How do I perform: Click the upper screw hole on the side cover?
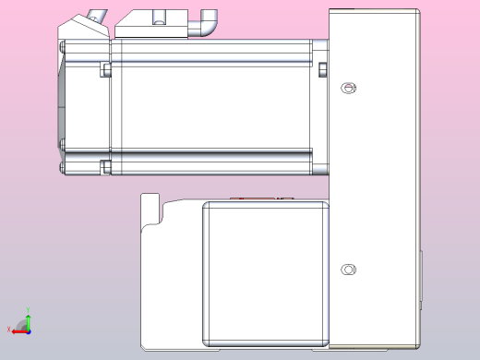(347, 88)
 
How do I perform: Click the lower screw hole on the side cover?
(347, 270)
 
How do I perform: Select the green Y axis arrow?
(27, 320)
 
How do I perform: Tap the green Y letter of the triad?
(27, 309)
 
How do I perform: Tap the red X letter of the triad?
(8, 330)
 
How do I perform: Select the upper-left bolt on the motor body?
(105, 70)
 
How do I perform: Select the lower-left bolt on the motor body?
(105, 166)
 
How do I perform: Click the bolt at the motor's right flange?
(323, 70)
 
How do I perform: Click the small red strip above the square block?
(244, 198)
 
